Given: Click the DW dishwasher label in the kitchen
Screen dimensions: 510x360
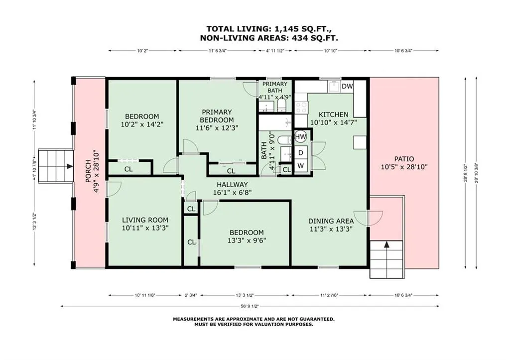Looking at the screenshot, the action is pyautogui.click(x=347, y=87).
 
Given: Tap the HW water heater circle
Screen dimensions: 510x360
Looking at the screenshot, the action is pyautogui.click(x=300, y=136).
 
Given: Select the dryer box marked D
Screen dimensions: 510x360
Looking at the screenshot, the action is pyautogui.click(x=301, y=153).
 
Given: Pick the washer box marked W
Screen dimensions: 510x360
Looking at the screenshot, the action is pyautogui.click(x=301, y=166).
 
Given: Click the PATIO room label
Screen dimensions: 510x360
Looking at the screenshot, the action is pyautogui.click(x=404, y=159).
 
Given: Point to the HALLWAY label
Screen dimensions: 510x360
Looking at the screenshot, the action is pyautogui.click(x=232, y=184).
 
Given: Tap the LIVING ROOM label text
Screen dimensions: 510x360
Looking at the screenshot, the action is pyautogui.click(x=145, y=220).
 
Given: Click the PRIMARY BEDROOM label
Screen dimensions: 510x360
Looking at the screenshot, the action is pyautogui.click(x=217, y=116).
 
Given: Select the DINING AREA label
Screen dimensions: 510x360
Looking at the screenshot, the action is pyautogui.click(x=331, y=221).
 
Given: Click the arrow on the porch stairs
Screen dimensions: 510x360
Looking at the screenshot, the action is pyautogui.click(x=69, y=166).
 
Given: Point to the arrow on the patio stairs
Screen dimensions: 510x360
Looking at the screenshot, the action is pyautogui.click(x=386, y=245).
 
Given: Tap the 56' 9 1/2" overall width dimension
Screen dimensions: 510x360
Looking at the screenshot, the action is pyautogui.click(x=250, y=306).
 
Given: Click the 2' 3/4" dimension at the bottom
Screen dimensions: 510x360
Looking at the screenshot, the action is pyautogui.click(x=191, y=295).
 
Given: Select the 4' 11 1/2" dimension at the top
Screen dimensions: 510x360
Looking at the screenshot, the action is pyautogui.click(x=275, y=50).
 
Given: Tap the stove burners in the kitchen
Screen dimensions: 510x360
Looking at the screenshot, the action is pyautogui.click(x=301, y=108).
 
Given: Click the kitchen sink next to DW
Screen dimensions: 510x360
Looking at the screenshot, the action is pyautogui.click(x=334, y=87).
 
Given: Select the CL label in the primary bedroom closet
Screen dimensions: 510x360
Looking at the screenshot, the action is pyautogui.click(x=231, y=171).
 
